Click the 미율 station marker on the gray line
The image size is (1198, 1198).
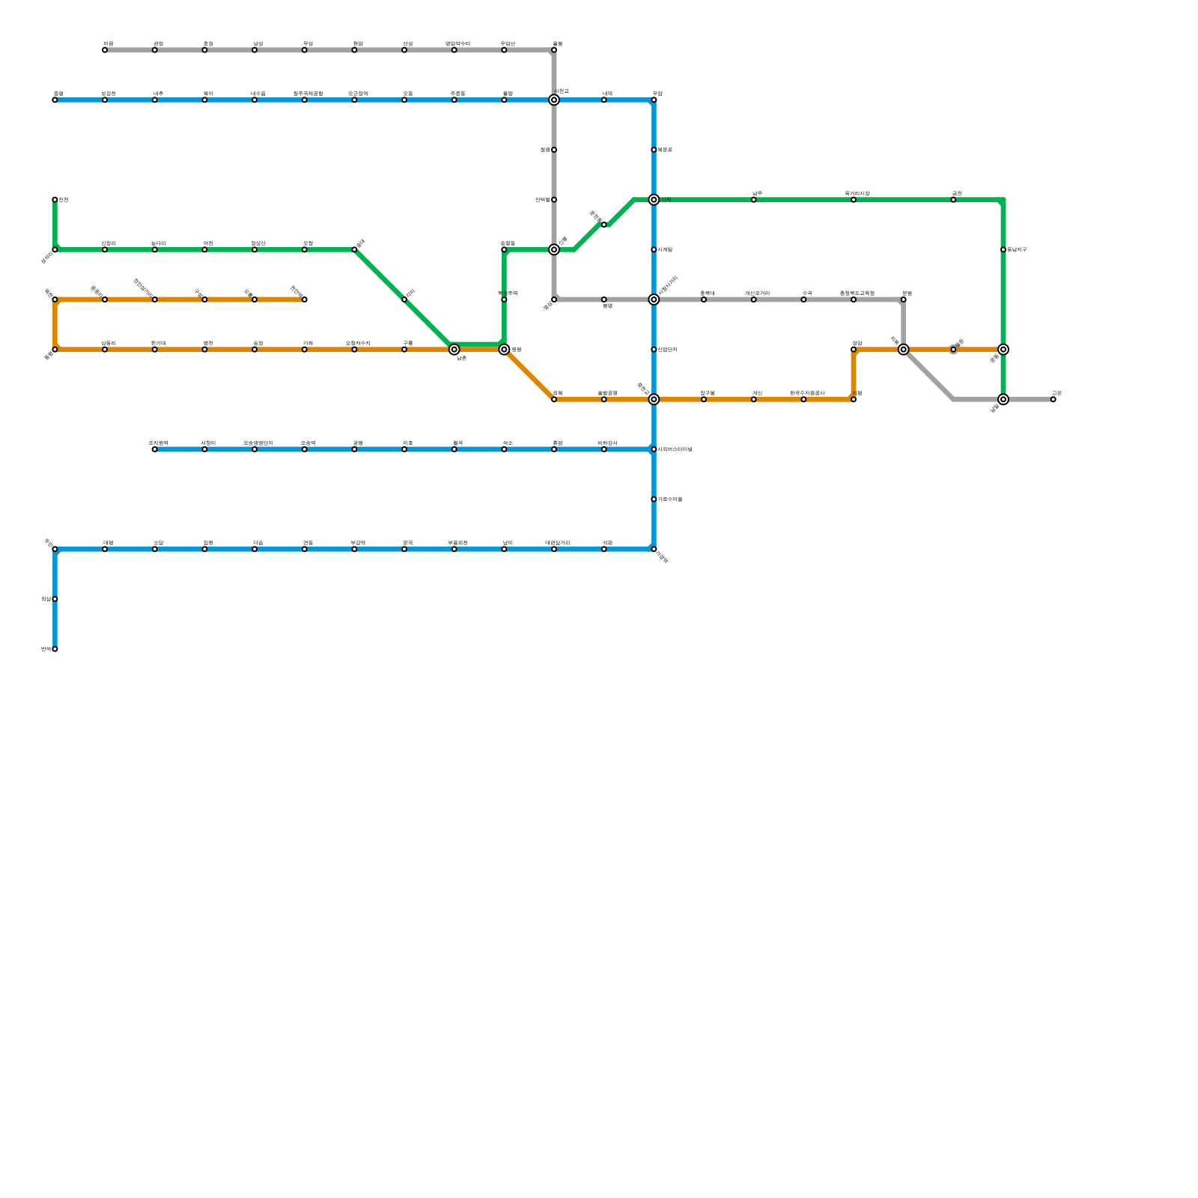pyautogui.click(x=105, y=50)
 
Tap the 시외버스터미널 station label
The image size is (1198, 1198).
pyautogui.click(x=675, y=449)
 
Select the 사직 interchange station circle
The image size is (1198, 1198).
pyautogui.click(x=654, y=200)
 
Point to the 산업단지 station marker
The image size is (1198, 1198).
pyautogui.click(x=654, y=350)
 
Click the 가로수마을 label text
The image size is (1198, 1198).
pyautogui.click(x=670, y=499)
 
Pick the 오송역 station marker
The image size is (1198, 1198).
pyautogui.click(x=304, y=449)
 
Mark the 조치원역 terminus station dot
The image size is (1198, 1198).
pyautogui.click(x=154, y=449)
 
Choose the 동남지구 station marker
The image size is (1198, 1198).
pyautogui.click(x=1003, y=250)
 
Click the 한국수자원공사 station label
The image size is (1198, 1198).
pyautogui.click(x=807, y=393)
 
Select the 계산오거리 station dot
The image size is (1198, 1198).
pyautogui.click(x=753, y=299)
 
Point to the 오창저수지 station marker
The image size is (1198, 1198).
pyautogui.click(x=354, y=350)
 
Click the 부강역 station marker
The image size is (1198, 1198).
pyautogui.click(x=354, y=550)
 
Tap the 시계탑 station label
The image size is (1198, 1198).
pyautogui.click(x=665, y=250)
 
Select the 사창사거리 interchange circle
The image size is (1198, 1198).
pyautogui.click(x=654, y=299)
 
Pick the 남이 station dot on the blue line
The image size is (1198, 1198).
pyautogui.click(x=504, y=550)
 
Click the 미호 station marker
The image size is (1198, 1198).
pyautogui.click(x=404, y=449)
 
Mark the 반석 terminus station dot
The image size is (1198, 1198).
pyautogui.click(x=55, y=649)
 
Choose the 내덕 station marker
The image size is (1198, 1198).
pyautogui.click(x=604, y=100)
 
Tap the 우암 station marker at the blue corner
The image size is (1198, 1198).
pyautogui.click(x=654, y=100)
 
